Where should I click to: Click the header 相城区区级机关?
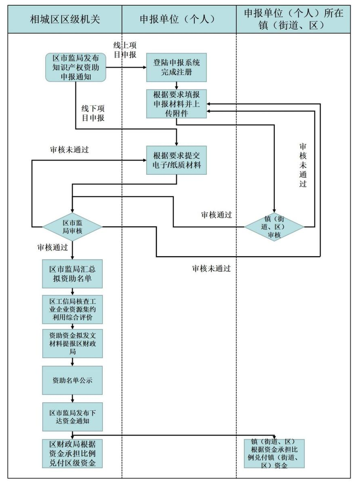(x=65, y=19)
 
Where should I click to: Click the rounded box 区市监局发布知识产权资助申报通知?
(x=75, y=67)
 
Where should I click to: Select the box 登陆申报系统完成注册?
(x=177, y=67)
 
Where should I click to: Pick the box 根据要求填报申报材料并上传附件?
(x=177, y=104)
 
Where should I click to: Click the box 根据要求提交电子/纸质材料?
(x=177, y=160)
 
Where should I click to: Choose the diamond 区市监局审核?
(x=73, y=227)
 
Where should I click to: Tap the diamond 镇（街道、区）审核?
(x=274, y=227)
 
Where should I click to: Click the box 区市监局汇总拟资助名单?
(x=73, y=274)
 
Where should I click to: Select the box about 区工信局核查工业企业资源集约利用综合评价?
(x=73, y=309)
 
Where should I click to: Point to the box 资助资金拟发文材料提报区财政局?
(x=73, y=343)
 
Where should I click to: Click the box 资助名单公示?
(x=73, y=380)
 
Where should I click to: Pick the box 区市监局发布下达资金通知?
(x=73, y=417)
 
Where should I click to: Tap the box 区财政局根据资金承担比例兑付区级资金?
(x=73, y=454)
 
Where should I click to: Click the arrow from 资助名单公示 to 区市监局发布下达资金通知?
(x=73, y=399)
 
